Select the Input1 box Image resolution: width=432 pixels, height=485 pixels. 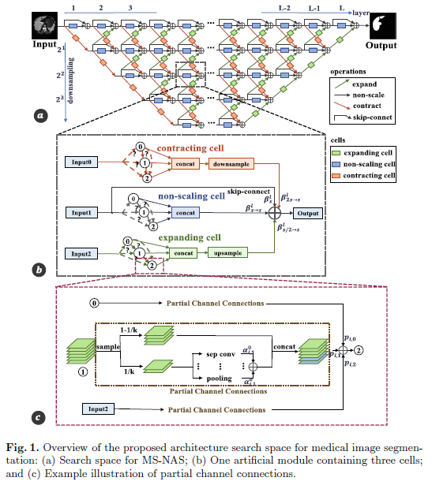click(x=81, y=213)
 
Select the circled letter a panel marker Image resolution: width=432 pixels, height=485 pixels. click(x=40, y=116)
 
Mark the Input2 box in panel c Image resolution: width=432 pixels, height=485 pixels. click(x=103, y=409)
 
